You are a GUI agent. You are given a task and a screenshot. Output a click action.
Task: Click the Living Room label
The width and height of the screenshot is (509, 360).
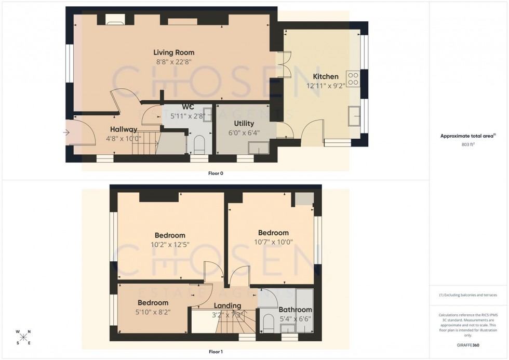(173, 52)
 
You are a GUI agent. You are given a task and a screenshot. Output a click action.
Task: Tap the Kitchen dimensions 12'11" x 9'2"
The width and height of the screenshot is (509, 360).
(325, 86)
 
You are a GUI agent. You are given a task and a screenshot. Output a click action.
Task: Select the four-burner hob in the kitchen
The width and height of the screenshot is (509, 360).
(353, 78)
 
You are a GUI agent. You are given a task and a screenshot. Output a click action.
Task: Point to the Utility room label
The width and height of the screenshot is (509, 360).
(244, 124)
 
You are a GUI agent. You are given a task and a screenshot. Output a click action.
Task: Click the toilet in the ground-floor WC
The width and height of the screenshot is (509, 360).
(199, 144)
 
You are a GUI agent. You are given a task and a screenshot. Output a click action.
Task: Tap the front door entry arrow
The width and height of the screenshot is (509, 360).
(66, 133)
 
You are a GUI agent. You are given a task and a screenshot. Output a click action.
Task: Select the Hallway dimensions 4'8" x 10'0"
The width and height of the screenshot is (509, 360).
(123, 139)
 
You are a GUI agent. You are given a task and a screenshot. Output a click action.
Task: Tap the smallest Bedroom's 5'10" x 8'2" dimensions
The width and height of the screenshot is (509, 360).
(153, 312)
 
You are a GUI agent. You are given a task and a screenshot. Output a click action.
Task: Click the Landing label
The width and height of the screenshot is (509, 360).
(227, 305)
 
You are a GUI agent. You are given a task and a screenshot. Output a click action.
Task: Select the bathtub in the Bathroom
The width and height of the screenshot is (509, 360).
(304, 310)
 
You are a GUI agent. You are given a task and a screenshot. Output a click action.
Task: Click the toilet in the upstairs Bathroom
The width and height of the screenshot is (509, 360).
(268, 323)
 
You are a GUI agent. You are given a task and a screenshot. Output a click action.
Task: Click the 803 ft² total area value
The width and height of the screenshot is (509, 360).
(468, 145)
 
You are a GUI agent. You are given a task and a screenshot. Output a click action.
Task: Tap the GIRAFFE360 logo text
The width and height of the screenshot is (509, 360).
(468, 344)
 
